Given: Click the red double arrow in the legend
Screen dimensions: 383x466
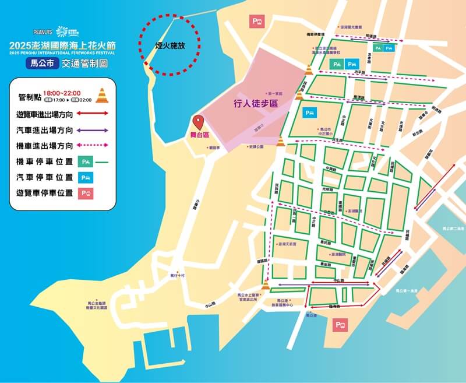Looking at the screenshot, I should (87, 113).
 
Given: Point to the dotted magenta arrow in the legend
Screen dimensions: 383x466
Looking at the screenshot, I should (87, 145).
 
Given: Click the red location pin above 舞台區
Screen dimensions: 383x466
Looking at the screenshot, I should (199, 122).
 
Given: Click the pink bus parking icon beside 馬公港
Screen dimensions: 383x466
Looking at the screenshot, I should (340, 325).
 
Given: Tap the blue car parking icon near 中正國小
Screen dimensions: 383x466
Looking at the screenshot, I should (309, 112).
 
